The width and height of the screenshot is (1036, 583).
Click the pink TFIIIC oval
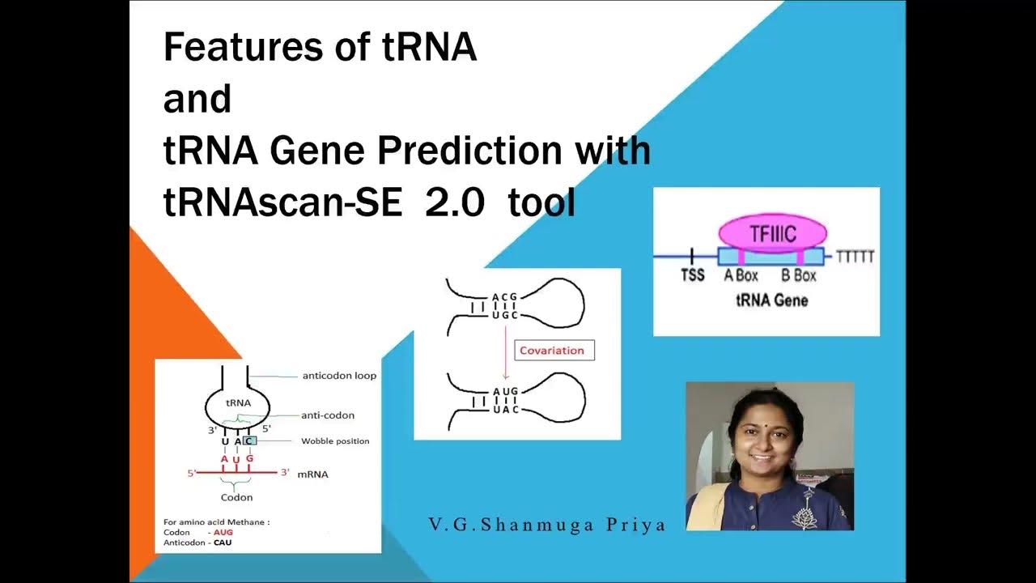(772, 234)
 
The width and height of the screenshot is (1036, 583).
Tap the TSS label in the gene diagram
(692, 275)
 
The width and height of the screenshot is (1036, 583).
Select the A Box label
(741, 275)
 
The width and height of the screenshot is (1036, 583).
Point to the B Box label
(798, 275)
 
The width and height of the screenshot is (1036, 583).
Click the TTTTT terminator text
(855, 257)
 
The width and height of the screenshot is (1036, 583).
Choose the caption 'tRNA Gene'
(771, 300)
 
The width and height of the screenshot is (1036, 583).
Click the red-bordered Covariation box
(554, 350)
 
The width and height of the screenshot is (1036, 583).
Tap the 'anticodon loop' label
(338, 376)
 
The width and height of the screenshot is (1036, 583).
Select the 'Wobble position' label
(334, 441)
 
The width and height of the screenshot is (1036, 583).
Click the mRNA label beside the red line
(313, 474)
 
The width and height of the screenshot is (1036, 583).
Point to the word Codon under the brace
(236, 497)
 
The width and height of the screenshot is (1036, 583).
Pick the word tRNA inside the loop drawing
(238, 402)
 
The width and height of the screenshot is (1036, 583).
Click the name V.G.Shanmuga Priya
(546, 525)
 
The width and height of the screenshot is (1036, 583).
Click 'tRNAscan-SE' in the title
(282, 204)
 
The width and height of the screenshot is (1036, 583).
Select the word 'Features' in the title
(240, 48)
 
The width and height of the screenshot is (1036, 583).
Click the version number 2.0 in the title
(455, 204)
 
